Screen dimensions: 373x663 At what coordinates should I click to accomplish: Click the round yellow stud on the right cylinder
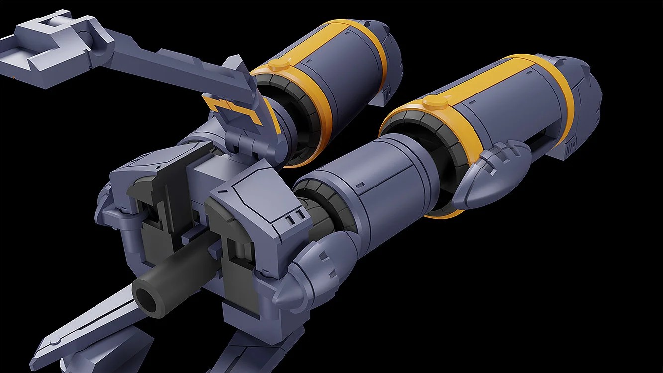coord(434,103)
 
